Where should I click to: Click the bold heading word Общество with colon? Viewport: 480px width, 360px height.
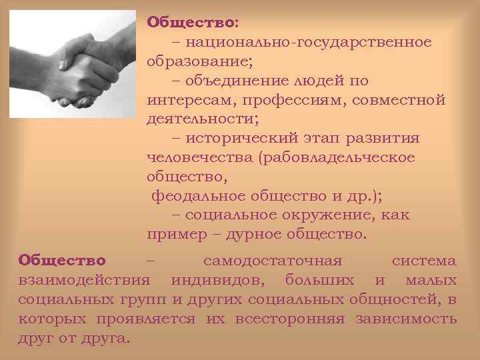(191, 23)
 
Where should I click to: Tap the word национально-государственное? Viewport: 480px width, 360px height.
(309, 42)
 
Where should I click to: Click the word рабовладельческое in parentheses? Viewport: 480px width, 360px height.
(340, 158)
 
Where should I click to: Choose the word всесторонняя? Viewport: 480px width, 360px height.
(290, 318)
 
